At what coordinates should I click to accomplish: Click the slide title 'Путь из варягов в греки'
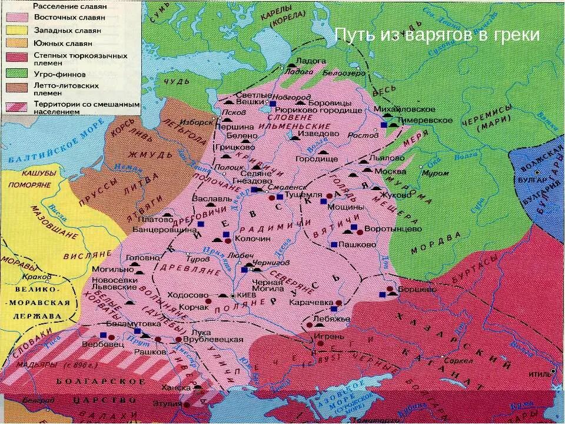(437, 35)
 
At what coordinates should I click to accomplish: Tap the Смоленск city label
(282, 184)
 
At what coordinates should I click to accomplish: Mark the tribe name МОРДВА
(436, 241)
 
